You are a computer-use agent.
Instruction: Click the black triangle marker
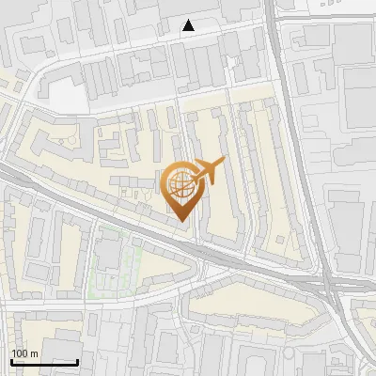pos(189,25)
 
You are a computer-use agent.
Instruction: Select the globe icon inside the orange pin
pos(180,185)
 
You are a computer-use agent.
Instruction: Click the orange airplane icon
pos(208,172)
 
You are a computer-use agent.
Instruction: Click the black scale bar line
pos(44,361)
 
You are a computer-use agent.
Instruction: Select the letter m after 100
pos(34,353)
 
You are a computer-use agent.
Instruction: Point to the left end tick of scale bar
pos(11,360)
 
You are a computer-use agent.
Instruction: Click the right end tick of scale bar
pos(77,360)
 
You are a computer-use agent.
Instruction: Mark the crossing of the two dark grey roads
pos(329,282)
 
